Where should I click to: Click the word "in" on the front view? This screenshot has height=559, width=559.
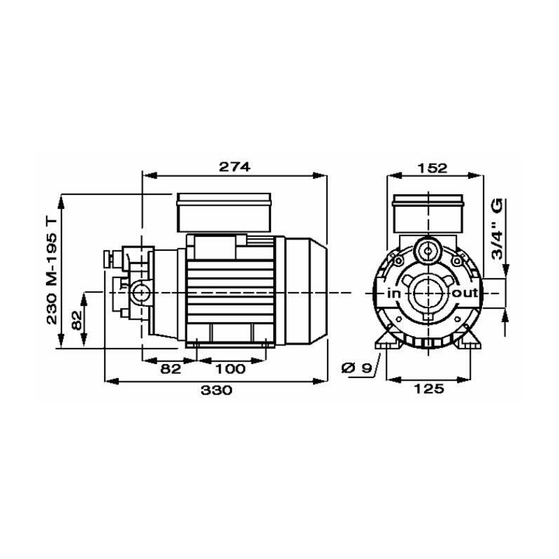pyautogui.click(x=393, y=293)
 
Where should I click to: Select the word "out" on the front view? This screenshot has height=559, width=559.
pyautogui.click(x=465, y=293)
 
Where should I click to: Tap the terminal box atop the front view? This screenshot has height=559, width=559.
pyautogui.click(x=427, y=212)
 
